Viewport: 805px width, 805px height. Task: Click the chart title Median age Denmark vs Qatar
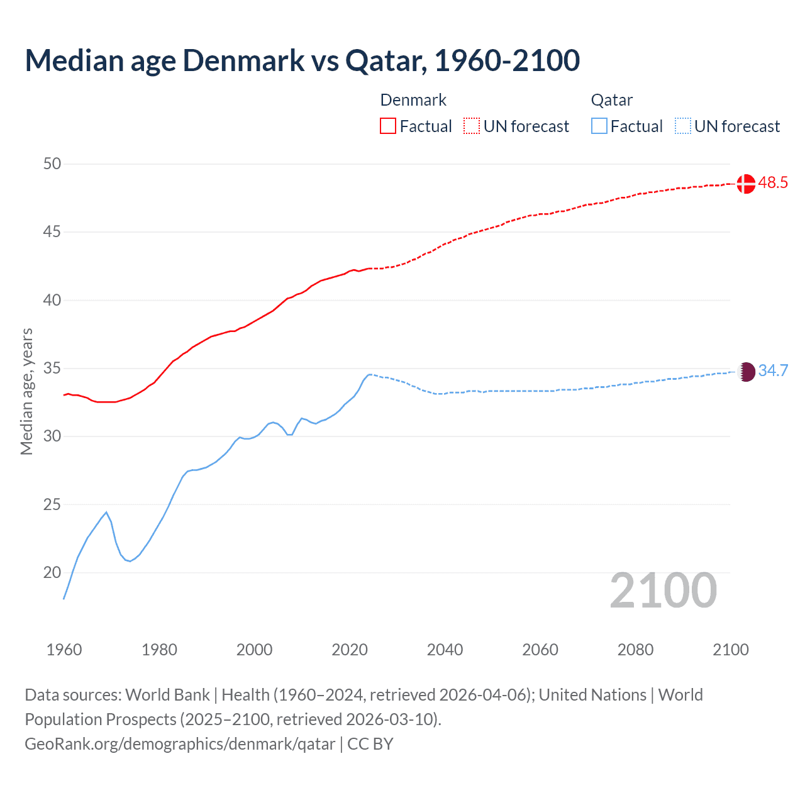click(x=302, y=60)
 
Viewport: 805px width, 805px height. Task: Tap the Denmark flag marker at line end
click(x=746, y=184)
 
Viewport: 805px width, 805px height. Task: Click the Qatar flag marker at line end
click(x=746, y=372)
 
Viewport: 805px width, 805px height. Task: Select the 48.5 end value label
click(x=773, y=183)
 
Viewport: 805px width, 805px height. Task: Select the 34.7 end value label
click(x=773, y=371)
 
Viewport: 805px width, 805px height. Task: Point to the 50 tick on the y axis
click(x=52, y=164)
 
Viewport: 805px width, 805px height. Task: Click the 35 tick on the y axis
click(x=52, y=369)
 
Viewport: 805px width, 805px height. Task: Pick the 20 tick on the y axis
click(x=52, y=573)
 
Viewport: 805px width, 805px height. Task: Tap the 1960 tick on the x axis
click(x=64, y=650)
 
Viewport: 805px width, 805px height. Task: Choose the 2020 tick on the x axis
click(x=350, y=650)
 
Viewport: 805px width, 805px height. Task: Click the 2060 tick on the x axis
click(x=540, y=650)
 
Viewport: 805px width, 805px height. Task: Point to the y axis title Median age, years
click(x=26, y=391)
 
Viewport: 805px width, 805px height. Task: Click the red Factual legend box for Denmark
click(x=388, y=126)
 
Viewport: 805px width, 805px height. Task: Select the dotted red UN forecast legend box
click(x=472, y=126)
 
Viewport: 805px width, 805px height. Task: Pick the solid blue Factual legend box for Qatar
click(x=599, y=126)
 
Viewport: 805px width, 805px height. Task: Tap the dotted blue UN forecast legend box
click(x=682, y=126)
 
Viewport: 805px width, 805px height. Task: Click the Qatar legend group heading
click(x=611, y=101)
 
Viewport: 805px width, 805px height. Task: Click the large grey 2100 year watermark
click(x=663, y=591)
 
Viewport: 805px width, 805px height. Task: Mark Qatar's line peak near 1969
click(x=106, y=513)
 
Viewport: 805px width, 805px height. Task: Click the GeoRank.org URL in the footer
click(x=180, y=744)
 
